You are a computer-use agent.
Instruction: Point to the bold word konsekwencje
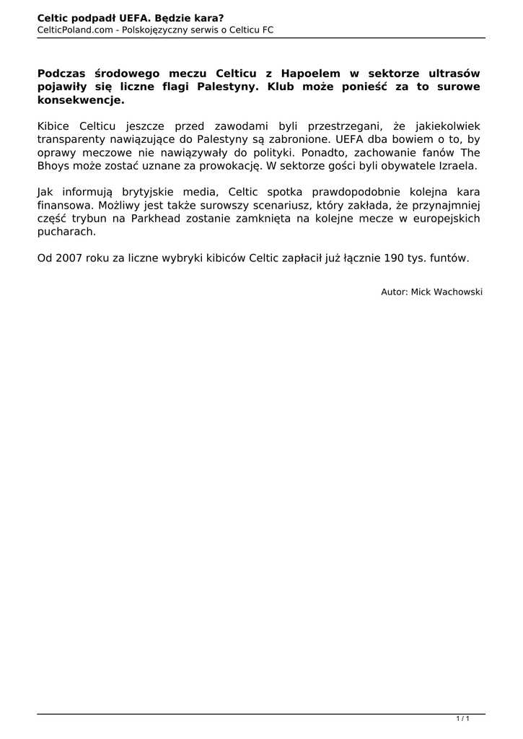click(x=81, y=100)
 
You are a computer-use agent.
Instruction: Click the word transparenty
click(x=71, y=139)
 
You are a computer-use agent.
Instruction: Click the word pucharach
click(x=66, y=232)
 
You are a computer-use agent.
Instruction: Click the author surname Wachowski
click(x=457, y=292)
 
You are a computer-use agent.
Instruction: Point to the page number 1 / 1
click(x=463, y=718)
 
